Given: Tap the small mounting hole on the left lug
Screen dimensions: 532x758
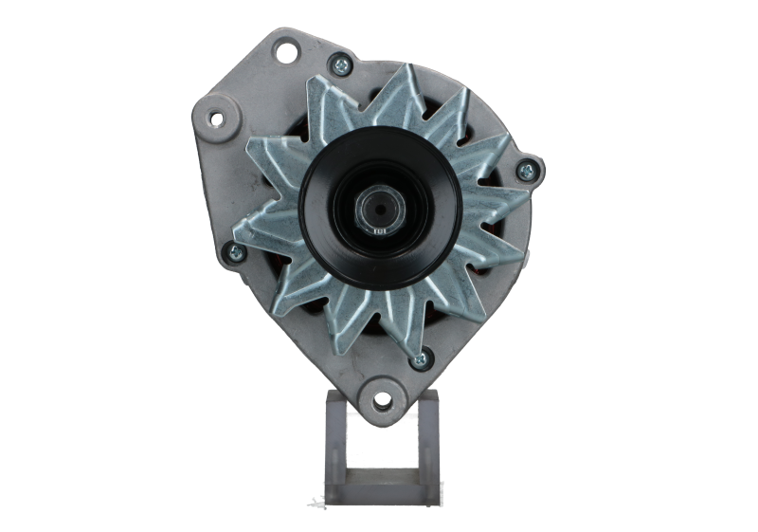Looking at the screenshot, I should click(215, 119).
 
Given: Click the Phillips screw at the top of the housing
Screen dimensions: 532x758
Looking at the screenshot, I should click(334, 65).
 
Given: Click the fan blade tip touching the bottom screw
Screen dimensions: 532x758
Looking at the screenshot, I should click(409, 353).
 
